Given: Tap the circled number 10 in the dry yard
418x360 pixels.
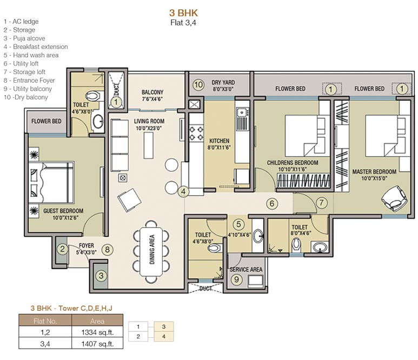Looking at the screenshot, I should click(x=198, y=84).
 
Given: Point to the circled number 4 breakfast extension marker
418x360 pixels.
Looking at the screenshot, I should click(x=184, y=191).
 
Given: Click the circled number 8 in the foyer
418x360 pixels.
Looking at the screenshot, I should click(x=108, y=249).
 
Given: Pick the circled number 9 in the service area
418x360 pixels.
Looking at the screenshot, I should click(x=236, y=279).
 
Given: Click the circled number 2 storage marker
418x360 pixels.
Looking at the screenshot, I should click(x=63, y=249).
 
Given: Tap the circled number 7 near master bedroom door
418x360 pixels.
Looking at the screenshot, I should click(x=321, y=203).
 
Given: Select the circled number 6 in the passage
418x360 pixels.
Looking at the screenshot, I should click(x=273, y=204).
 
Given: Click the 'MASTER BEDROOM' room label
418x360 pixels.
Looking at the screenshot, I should click(x=374, y=172).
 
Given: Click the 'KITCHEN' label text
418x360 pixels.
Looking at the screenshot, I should click(x=219, y=144).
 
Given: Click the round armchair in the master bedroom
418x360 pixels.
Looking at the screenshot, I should click(x=393, y=198).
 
